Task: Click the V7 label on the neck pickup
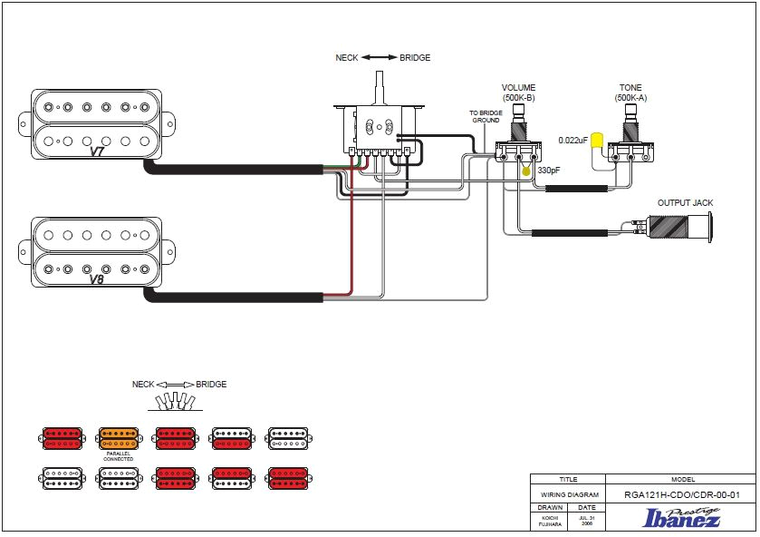96,151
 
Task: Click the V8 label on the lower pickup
96,279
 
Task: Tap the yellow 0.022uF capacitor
597,141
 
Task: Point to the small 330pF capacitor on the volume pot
525,171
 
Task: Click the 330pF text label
549,171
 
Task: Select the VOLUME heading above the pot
518,88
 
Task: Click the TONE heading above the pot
630,88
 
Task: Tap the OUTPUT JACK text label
686,203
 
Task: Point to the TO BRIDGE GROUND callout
485,116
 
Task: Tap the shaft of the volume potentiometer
519,115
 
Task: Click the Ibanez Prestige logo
681,518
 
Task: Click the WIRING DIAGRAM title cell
568,495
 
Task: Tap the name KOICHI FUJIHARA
551,520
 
